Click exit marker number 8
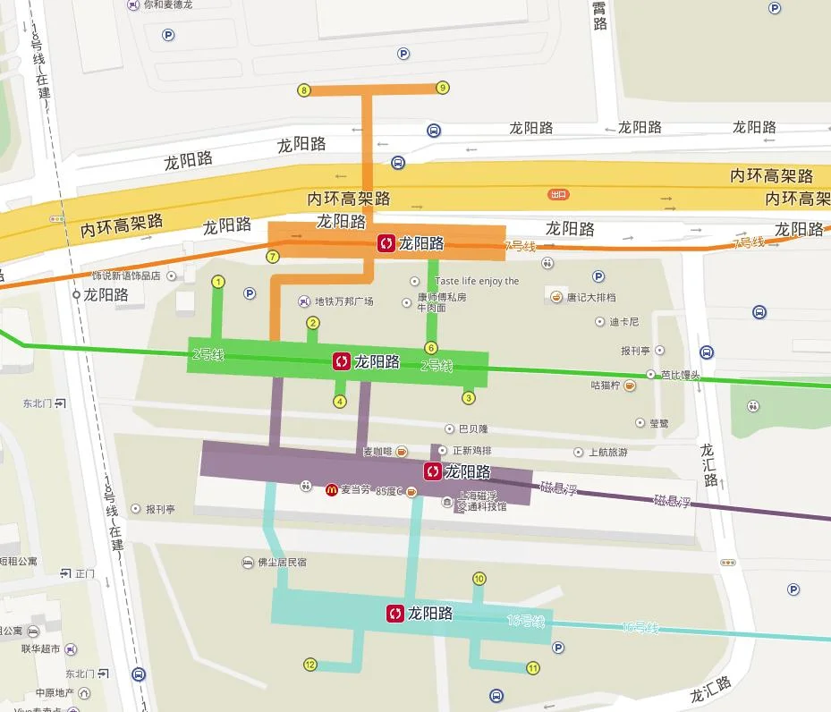click(x=304, y=90)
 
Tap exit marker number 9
click(x=442, y=88)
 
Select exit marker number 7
click(x=274, y=257)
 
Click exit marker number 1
click(x=217, y=282)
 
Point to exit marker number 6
click(x=431, y=348)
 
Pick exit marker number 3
click(x=468, y=397)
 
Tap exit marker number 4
click(x=340, y=402)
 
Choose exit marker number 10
click(x=479, y=579)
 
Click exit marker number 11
click(x=533, y=667)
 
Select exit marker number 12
click(x=310, y=665)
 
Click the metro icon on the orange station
click(x=386, y=243)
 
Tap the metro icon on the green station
click(x=342, y=361)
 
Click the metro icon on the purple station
click(x=433, y=471)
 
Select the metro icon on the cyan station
click(x=395, y=614)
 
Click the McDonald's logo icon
click(x=331, y=489)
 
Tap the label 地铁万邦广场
click(x=343, y=301)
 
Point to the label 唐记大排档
click(x=590, y=297)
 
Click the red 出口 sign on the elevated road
click(x=559, y=193)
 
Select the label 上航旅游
click(x=607, y=453)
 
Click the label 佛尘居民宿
click(x=282, y=563)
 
